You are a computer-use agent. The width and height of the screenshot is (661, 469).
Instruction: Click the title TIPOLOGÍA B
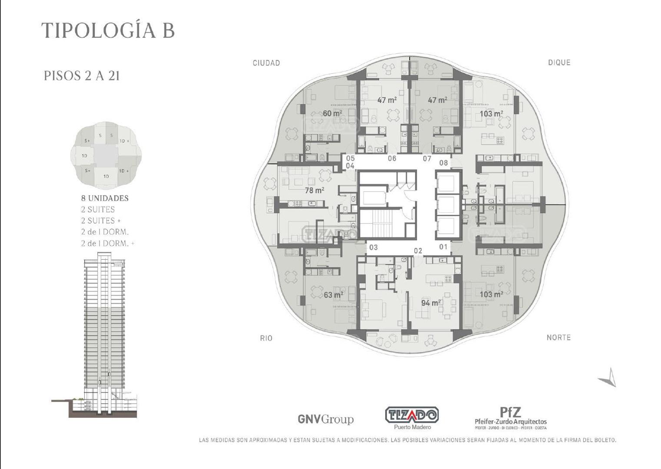[x=108, y=31]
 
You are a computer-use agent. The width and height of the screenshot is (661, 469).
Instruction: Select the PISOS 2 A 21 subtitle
[x=82, y=76]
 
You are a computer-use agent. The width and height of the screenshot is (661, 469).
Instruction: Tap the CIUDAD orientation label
[x=266, y=63]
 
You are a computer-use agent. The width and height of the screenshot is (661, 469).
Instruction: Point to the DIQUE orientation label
[x=559, y=63]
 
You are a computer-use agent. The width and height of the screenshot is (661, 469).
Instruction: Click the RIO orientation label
[x=266, y=338]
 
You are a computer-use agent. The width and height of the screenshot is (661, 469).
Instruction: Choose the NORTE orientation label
[x=559, y=337]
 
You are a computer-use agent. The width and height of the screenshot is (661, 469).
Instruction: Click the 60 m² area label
[x=332, y=113]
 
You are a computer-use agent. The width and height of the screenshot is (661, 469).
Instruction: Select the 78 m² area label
[x=314, y=190]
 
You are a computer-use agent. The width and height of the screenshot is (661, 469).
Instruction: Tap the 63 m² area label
[x=334, y=295]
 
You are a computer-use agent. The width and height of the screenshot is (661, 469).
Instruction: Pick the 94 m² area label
[x=431, y=303]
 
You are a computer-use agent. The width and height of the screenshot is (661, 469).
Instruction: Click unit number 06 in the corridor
[x=392, y=159]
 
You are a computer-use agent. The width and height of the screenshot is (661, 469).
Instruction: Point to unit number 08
[x=443, y=163]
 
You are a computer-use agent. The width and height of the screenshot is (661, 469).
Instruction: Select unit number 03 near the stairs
[x=373, y=248]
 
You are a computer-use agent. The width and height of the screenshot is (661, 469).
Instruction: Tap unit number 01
[x=443, y=247]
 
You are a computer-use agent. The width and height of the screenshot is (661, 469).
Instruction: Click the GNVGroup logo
[x=325, y=419]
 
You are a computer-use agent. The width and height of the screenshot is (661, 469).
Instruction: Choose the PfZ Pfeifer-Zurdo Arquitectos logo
[x=511, y=417]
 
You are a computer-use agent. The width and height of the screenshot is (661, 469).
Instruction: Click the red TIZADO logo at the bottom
[x=412, y=416]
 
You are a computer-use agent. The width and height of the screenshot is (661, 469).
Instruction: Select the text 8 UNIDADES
[x=105, y=198]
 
